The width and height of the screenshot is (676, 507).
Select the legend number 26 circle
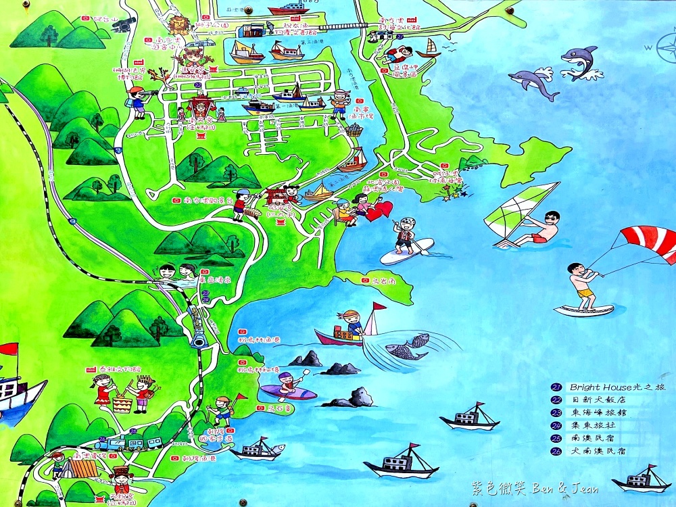556,450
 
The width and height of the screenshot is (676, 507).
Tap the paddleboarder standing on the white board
406,237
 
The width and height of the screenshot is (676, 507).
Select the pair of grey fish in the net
407,346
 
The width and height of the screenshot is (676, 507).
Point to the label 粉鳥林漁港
261,339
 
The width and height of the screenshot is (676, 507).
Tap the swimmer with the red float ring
399,54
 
